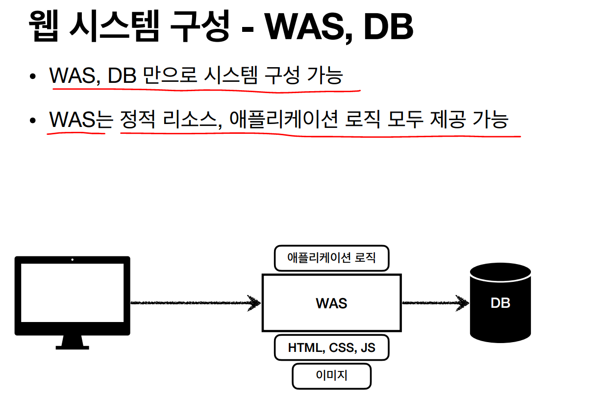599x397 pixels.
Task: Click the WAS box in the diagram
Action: point(331,302)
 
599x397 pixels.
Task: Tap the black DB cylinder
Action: point(500,302)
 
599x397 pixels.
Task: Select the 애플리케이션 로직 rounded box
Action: point(331,258)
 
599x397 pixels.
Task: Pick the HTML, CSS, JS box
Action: point(331,347)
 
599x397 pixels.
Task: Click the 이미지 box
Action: point(331,376)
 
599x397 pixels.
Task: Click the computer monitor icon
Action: point(72,294)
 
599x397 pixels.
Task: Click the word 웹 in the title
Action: point(45,27)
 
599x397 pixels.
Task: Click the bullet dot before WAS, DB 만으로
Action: point(32,76)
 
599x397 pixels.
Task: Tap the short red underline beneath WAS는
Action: point(76,133)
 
